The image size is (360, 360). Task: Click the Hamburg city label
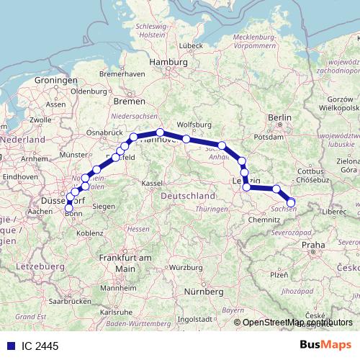click(168, 63)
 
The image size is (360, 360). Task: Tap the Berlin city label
click(279, 117)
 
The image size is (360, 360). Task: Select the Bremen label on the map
click(129, 102)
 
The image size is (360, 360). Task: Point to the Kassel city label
click(152, 184)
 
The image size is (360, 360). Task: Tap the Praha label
click(314, 246)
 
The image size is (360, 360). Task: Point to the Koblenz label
click(90, 233)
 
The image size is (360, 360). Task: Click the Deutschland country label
click(189, 196)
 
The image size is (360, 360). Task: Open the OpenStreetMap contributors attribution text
click(298, 323)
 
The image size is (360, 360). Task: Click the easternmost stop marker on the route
click(292, 202)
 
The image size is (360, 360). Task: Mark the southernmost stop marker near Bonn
click(69, 208)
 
